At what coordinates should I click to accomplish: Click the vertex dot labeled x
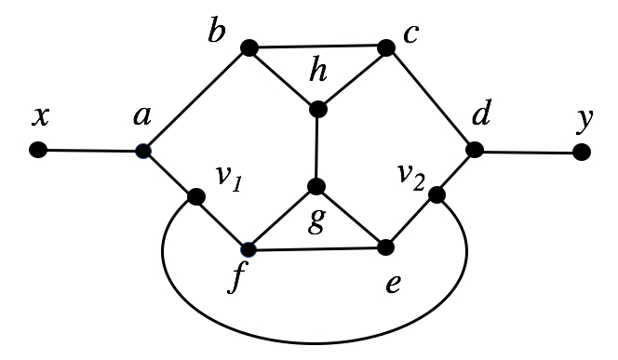(x=38, y=149)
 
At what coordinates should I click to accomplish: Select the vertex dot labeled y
(x=582, y=151)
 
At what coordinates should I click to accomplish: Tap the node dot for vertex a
(x=142, y=150)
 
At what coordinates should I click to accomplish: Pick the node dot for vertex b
(x=249, y=47)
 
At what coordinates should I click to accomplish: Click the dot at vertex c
(x=384, y=46)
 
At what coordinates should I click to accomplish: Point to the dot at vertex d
(x=474, y=150)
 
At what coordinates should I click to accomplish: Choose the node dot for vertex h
(x=317, y=109)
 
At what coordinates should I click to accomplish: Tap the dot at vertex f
(x=249, y=249)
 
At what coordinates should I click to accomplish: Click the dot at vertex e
(x=385, y=247)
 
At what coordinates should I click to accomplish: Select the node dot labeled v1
(x=196, y=197)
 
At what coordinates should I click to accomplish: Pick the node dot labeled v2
(x=435, y=195)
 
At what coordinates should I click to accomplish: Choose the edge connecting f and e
(x=316, y=248)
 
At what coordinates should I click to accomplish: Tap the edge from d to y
(x=528, y=151)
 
